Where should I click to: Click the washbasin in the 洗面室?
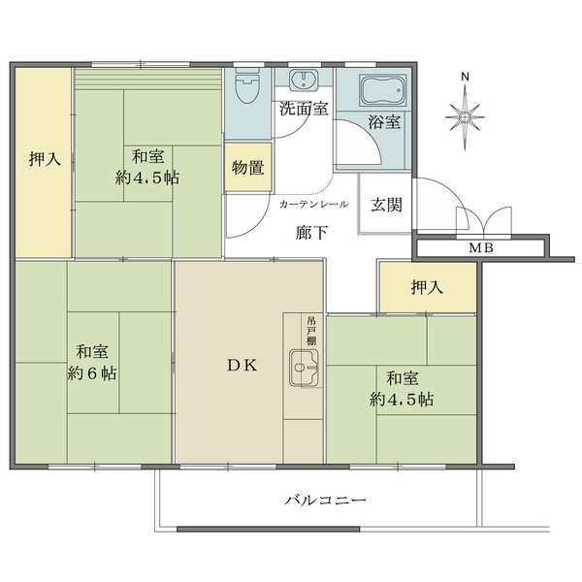(304, 81)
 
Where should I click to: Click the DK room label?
(242, 366)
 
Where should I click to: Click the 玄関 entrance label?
(386, 205)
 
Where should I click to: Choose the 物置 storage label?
(247, 167)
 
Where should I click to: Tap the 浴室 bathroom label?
(383, 122)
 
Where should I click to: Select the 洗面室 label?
(303, 109)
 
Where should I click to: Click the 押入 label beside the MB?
(427, 287)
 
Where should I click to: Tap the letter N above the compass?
(465, 78)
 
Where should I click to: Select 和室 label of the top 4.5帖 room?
(148, 155)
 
